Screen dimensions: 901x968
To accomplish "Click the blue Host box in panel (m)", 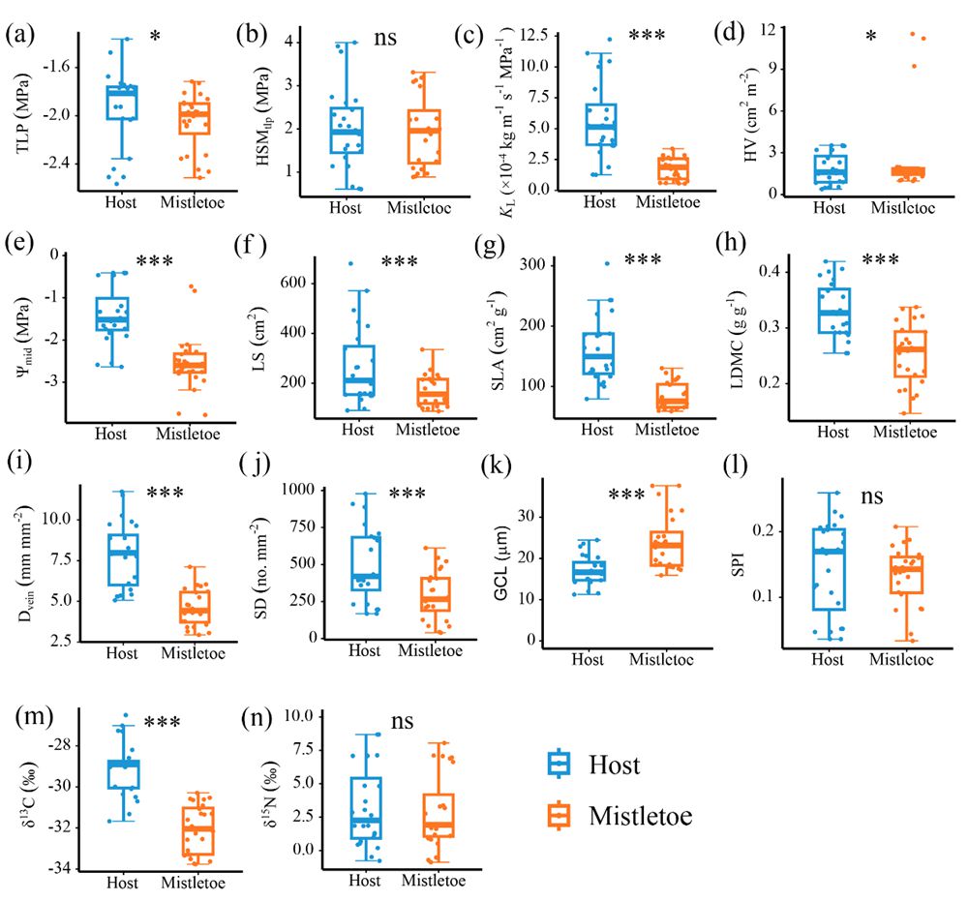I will coord(123,774).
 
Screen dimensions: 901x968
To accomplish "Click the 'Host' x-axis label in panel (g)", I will coord(600,429).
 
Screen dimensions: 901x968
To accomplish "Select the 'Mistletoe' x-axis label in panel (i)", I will coord(192,653).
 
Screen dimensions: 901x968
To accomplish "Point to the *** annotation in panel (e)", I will coord(155,261).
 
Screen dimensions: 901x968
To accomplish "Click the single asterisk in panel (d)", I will coord(871,38).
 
